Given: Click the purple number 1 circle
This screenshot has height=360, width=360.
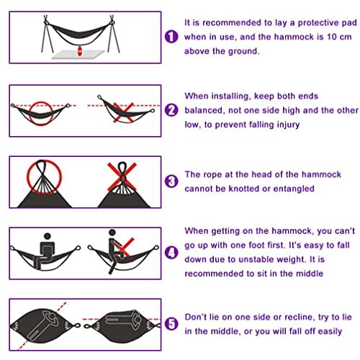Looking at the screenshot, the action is (171, 37).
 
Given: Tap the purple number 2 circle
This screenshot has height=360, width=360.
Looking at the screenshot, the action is (171, 110).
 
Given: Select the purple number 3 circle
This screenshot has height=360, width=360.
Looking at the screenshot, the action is (171, 181).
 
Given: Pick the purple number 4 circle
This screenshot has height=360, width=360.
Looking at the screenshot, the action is (171, 253).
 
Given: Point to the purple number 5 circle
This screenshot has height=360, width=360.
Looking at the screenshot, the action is (171, 323).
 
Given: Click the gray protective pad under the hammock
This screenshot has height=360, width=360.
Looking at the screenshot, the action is (78, 55).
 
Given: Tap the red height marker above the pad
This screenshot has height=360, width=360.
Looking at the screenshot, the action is (80, 51).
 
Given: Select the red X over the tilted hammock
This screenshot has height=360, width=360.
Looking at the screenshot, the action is (123, 113).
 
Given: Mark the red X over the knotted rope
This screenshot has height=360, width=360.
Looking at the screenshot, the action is (122, 176).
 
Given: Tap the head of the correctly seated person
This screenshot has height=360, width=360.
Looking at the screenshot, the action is (48, 236).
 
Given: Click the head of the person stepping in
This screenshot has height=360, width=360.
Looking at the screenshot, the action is (112, 233).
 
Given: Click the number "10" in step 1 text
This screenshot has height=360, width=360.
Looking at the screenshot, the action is (332, 37).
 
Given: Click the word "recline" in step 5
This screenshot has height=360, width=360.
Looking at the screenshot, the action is (299, 318).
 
